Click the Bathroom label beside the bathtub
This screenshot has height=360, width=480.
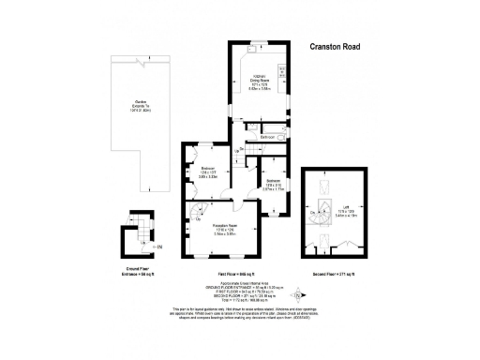(x=267, y=137)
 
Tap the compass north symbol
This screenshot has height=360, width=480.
(x=299, y=292)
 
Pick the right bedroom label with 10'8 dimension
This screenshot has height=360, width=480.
(x=274, y=184)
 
